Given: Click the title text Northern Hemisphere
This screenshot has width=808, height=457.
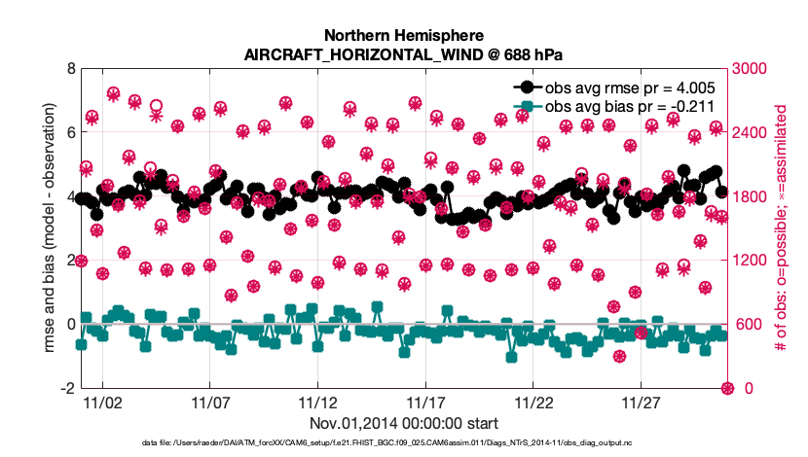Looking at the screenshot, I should (403, 33).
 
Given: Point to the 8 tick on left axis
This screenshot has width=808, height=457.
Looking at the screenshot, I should (69, 69).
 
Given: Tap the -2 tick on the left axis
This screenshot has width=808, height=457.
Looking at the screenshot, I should (66, 388).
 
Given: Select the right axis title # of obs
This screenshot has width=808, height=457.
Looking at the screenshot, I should (781, 228).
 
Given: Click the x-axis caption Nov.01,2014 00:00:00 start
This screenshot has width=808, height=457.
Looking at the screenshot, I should (403, 423).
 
